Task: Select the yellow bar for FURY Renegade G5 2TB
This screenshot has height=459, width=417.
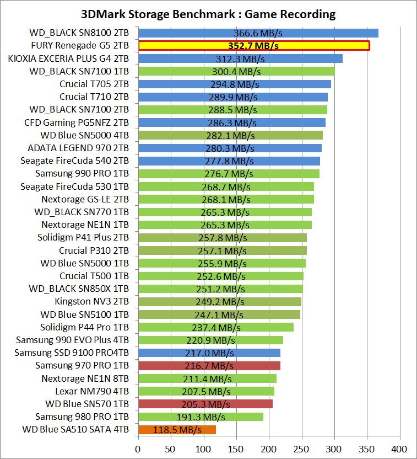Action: [x=253, y=46]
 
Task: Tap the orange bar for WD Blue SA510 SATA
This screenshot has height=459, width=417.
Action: [x=176, y=430]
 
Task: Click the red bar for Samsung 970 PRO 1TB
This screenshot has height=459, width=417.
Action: [x=209, y=366]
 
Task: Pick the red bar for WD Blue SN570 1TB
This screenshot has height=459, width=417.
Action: [x=205, y=404]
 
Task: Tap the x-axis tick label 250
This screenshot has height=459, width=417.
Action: [x=301, y=448]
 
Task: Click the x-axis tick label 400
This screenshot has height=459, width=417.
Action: [x=399, y=448]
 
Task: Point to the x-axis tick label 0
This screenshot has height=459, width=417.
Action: [x=138, y=448]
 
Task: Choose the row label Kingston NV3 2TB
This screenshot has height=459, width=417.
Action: [x=92, y=302]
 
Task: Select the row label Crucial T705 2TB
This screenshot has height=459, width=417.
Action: [x=95, y=84]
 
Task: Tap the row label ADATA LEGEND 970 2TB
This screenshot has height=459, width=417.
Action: [x=78, y=148]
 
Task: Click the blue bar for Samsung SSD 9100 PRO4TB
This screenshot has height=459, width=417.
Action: [x=209, y=353]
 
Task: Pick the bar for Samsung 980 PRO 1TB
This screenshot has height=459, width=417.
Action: [x=201, y=417]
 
